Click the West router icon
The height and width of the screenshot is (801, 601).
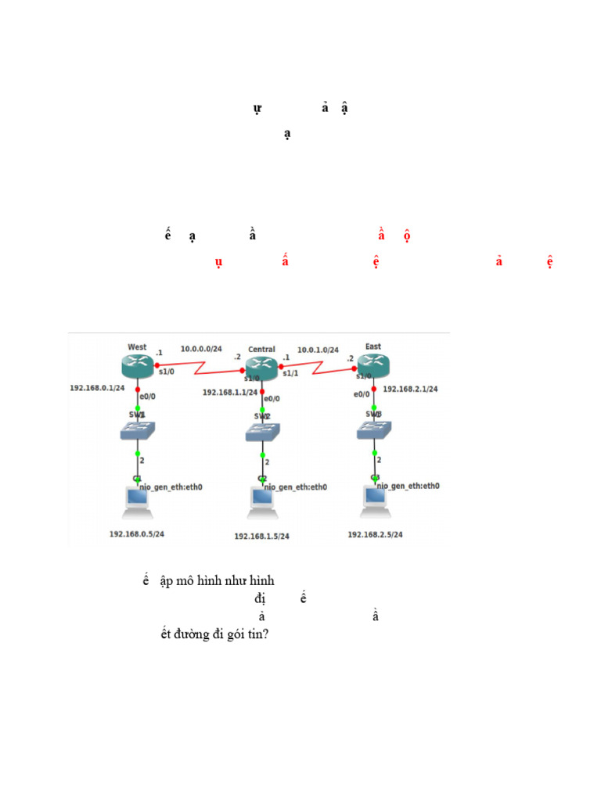(138, 365)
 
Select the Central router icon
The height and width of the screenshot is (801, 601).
(262, 366)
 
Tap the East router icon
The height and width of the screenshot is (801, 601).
(374, 365)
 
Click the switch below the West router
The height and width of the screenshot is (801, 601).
(138, 430)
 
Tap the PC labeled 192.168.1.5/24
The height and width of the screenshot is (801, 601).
(263, 503)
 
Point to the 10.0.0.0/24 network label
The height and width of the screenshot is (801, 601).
(201, 348)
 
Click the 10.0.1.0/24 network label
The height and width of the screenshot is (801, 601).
(318, 350)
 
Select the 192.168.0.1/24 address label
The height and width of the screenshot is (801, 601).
(97, 387)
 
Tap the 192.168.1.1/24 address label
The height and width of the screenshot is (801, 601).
(230, 393)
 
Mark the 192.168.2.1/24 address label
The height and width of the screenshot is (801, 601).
(410, 388)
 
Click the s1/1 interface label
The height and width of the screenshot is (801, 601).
(291, 374)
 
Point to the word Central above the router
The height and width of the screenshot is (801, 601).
(261, 349)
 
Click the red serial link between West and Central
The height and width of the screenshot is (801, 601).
(201, 365)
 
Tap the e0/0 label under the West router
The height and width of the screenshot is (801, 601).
(149, 397)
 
